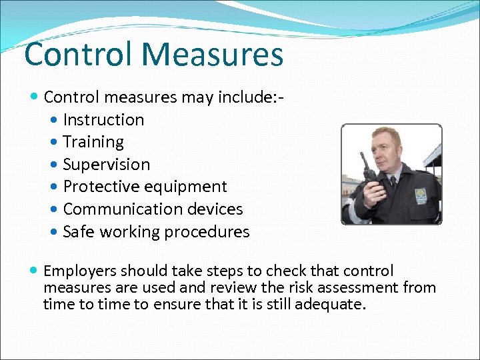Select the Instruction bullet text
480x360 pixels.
pos(103,120)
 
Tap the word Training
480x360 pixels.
pos(93,142)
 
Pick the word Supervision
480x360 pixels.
pos(107,165)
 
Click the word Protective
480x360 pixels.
pos(99,187)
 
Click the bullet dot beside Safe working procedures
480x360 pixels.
pos(54,232)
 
